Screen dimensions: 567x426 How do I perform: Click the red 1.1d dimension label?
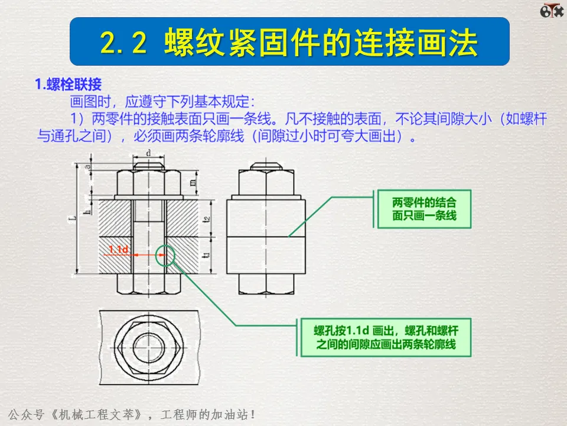[119, 250]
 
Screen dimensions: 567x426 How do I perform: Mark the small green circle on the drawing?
[164, 256]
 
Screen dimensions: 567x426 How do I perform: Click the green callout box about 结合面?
[424, 209]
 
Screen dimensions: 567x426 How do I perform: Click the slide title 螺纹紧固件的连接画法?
[322, 42]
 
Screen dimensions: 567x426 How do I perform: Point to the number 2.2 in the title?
[122, 42]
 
